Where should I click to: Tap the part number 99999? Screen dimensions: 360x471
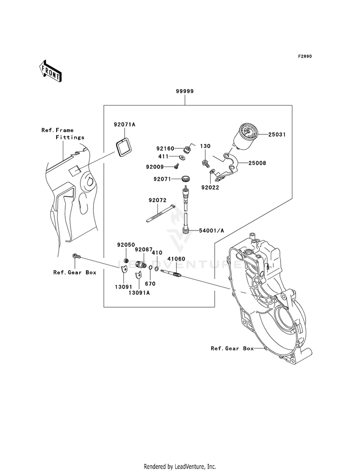(x=185, y=91)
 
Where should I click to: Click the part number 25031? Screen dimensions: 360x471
(x=276, y=134)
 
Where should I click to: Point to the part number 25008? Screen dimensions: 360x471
(x=257, y=163)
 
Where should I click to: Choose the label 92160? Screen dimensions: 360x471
(x=165, y=148)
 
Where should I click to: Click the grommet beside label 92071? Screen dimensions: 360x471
(x=186, y=179)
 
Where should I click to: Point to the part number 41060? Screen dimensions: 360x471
(x=176, y=259)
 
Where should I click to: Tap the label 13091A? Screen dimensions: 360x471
(x=139, y=293)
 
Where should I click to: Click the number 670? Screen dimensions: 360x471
(x=150, y=284)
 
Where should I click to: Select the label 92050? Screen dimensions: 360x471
(x=126, y=245)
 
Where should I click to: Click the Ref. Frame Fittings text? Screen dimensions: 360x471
(x=63, y=133)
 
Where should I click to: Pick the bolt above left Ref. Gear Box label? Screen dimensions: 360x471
(x=76, y=257)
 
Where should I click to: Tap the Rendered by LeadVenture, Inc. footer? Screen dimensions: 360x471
(x=180, y=467)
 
